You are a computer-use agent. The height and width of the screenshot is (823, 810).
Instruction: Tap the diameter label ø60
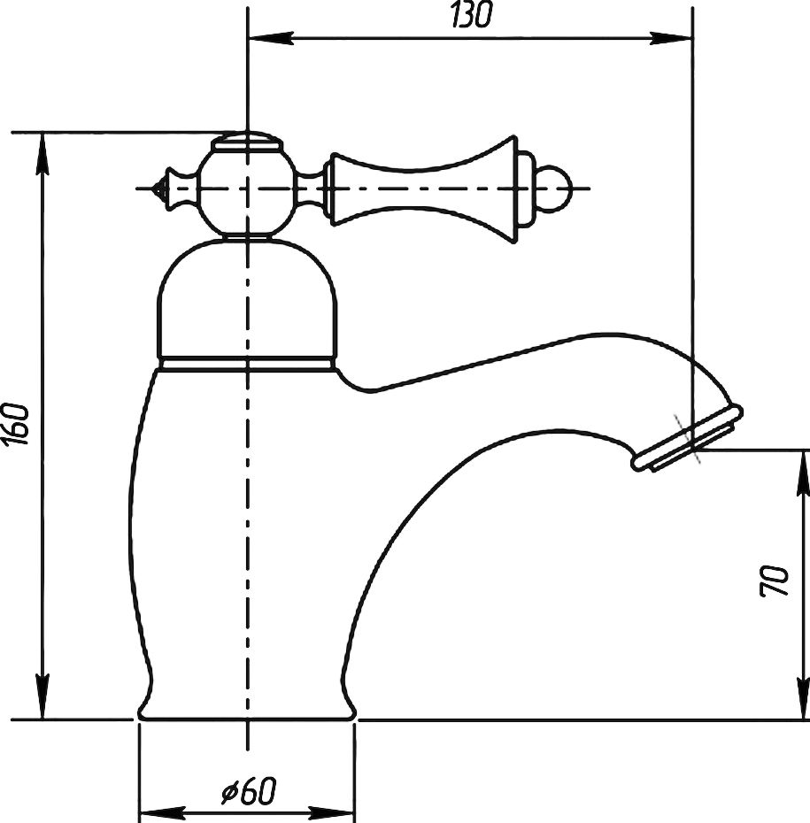point(249,791)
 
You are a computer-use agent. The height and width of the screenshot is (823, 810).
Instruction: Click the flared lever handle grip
point(420,188)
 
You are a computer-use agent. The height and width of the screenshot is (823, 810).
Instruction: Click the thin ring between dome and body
point(247,363)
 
